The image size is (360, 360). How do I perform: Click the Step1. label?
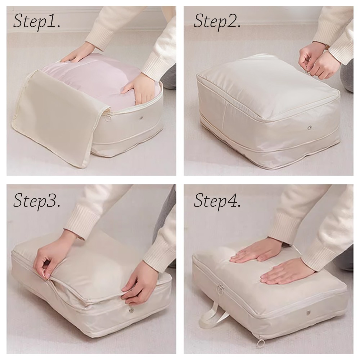pos(37,22)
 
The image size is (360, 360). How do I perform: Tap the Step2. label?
pos(217,22)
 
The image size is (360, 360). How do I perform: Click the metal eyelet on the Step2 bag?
pos(310,127)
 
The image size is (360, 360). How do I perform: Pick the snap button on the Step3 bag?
pos(131,311)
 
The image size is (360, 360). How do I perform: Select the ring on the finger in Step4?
pos(245,252)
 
